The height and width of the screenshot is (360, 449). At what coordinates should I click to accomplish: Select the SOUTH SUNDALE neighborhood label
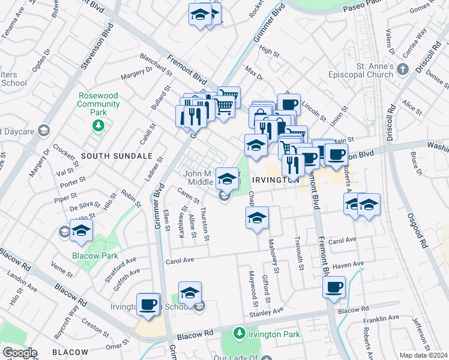tap(116, 156)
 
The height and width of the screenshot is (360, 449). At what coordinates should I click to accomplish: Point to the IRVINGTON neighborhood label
tap(275, 180)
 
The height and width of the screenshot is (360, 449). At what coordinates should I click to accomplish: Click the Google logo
tap(19, 352)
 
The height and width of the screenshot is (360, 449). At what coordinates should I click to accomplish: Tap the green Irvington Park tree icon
tap(239, 332)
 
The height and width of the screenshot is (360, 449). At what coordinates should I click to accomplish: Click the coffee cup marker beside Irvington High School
tap(148, 304)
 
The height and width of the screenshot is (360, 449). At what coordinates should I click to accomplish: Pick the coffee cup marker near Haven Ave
tap(334, 286)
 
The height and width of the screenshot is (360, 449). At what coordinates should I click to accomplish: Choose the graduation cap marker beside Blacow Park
tap(81, 231)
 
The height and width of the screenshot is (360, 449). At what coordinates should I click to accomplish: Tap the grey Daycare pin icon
tap(43, 130)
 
